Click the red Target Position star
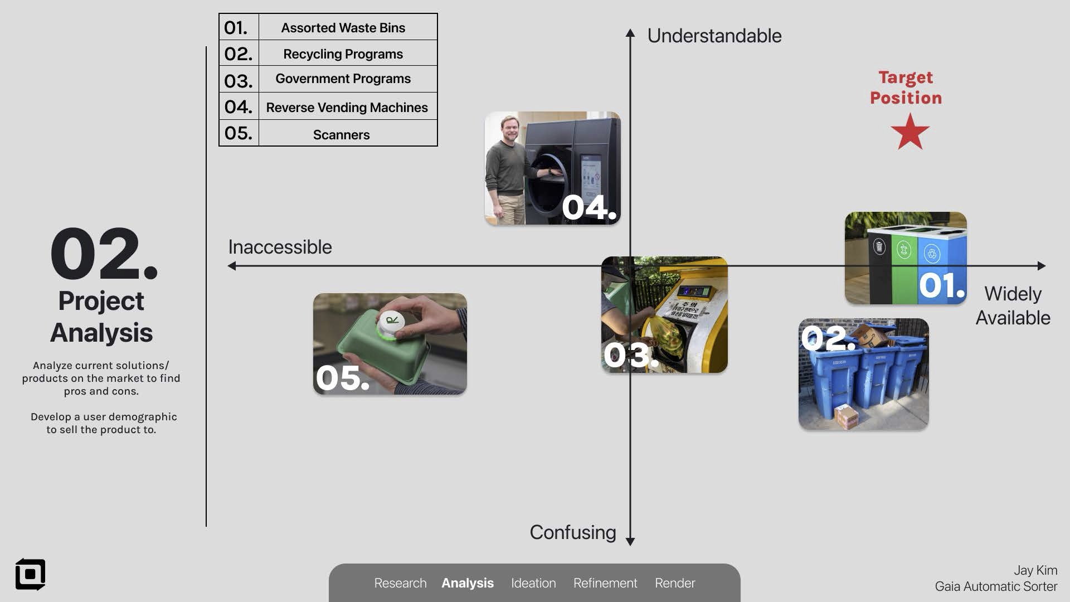coord(910,133)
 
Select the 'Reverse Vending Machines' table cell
coord(347,107)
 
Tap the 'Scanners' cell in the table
coord(341,134)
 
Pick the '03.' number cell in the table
coord(239,81)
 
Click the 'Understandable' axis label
coord(714,36)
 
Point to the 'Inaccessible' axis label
coord(280,247)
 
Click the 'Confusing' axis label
coord(572,532)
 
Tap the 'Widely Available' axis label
coord(1013,305)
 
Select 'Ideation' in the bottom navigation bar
coord(533,583)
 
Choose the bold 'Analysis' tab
coord(468,583)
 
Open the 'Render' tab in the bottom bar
coord(675,583)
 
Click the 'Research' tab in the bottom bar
coord(400,583)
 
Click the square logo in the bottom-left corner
coord(30,574)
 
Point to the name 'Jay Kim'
coord(1035,570)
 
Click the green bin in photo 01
coord(904,268)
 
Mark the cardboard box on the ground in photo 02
coord(847,417)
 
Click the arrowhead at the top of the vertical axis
coord(630,33)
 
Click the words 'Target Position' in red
coord(906,88)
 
